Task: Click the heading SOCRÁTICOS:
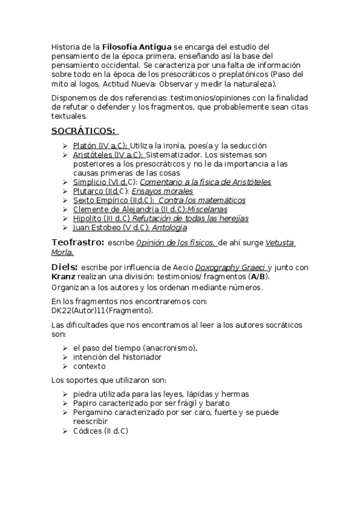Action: point(85,131)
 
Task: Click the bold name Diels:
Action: point(65,266)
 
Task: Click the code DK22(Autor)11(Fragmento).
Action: point(102,311)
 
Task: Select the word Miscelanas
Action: point(208,209)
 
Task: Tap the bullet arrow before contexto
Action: point(65,366)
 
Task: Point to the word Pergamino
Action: point(94,413)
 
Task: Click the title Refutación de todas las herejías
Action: point(191,219)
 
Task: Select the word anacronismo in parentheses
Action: point(169,348)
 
